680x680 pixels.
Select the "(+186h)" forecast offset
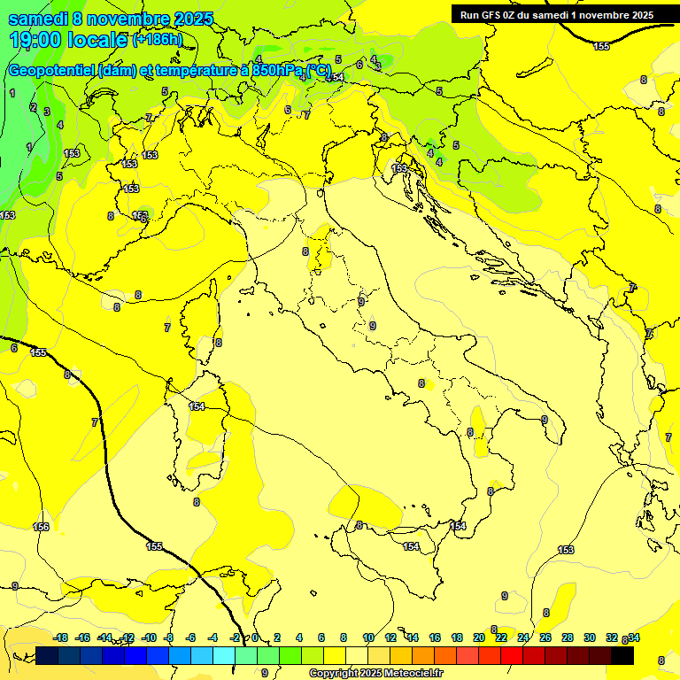tap(158, 40)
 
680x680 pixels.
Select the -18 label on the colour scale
tap(61, 637)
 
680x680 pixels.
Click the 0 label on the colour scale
tap(255, 637)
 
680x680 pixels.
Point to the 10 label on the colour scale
tap(368, 637)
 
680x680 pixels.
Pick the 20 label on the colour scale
tap(479, 637)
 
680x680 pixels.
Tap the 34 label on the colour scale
tap(634, 637)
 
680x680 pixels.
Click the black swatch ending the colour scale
tap(622, 655)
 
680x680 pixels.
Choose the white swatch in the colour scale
tap(357, 655)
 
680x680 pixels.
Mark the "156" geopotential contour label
tap(41, 527)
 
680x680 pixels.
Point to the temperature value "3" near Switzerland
tap(47, 112)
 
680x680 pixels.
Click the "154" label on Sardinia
tap(197, 406)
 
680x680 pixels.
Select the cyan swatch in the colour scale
tap(224, 655)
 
